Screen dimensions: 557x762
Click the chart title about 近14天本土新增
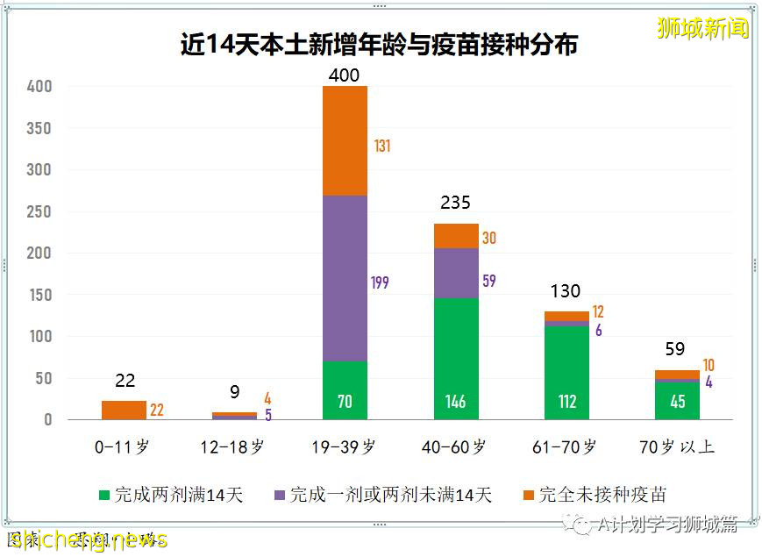point(379,45)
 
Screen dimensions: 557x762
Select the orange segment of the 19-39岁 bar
point(344,140)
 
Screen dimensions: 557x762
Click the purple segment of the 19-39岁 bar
point(344,278)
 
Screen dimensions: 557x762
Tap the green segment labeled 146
point(455,359)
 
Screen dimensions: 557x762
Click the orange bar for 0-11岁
point(124,410)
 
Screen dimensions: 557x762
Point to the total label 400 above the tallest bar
point(344,75)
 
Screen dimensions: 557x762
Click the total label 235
point(455,203)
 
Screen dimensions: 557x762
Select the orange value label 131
point(381,146)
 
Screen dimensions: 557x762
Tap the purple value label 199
point(379,282)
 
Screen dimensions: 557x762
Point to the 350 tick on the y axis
point(40,128)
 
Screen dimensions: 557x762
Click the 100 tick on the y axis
point(40,337)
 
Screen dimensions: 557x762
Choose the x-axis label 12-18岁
point(233,446)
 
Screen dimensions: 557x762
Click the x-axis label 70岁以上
point(678,446)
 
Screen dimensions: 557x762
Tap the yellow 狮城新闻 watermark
point(703,28)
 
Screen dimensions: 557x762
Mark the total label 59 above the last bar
point(674,349)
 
